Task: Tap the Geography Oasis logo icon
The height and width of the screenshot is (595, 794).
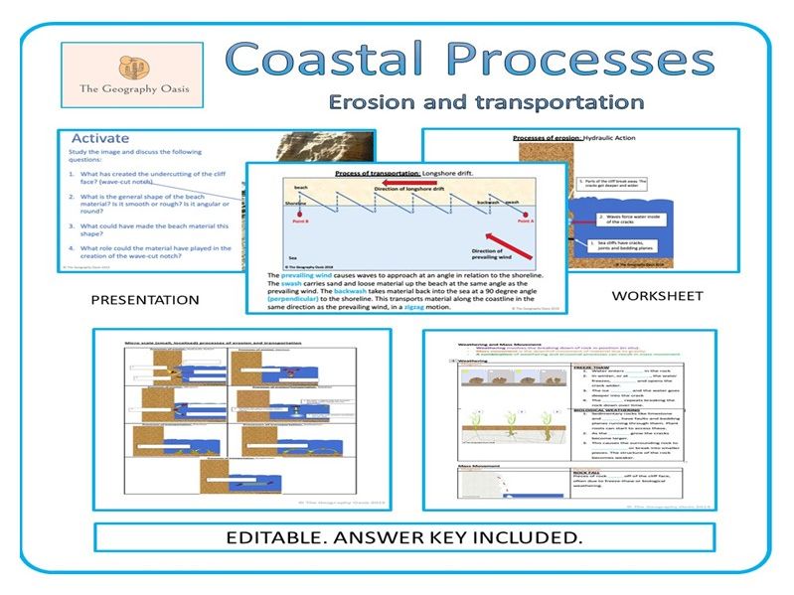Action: coord(131,69)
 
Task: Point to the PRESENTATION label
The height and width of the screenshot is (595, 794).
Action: coord(145,300)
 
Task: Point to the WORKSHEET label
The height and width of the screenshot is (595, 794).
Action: coord(657,296)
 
